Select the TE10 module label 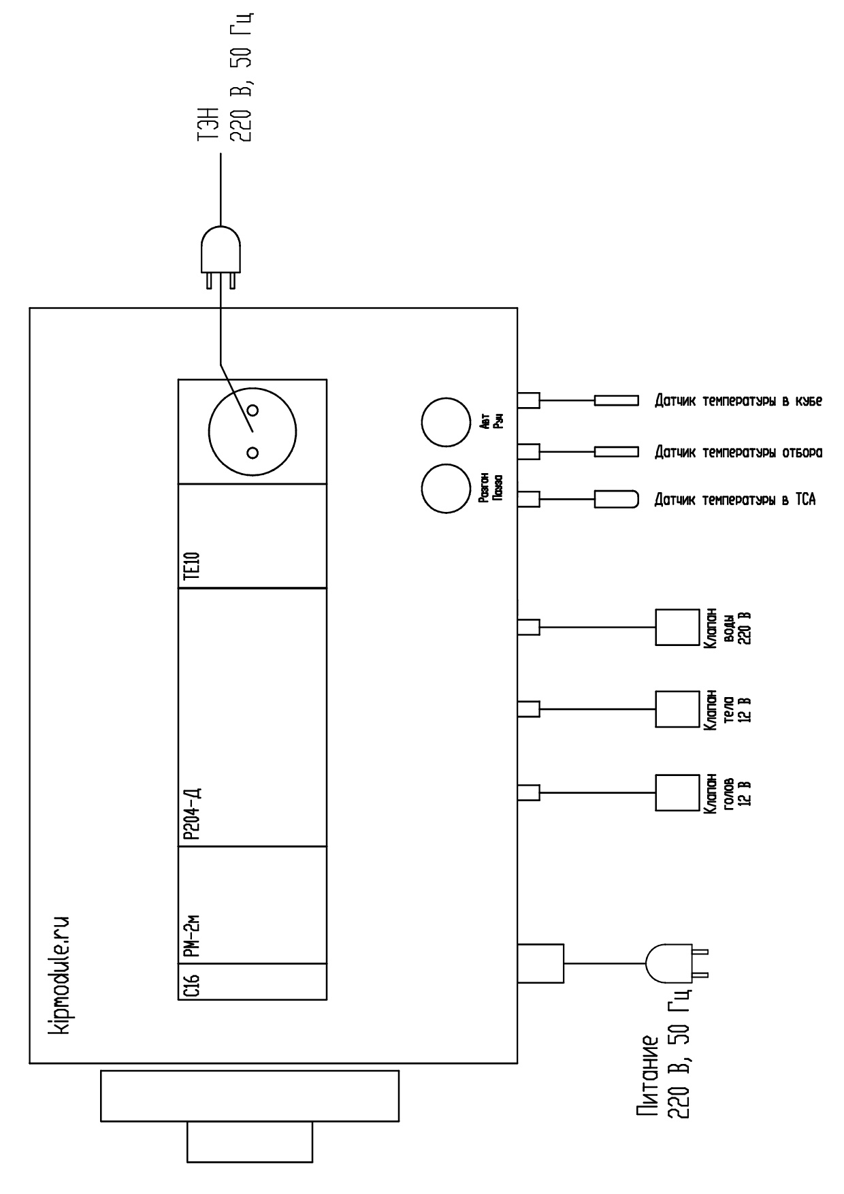point(193,564)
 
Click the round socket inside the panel point(253,432)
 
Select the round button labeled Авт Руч point(444,422)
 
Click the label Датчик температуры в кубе point(738,401)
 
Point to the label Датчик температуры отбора point(738,452)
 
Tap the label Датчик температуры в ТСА point(734,500)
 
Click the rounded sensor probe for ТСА point(617,499)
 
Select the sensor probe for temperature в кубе point(617,400)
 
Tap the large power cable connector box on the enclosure point(540,963)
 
